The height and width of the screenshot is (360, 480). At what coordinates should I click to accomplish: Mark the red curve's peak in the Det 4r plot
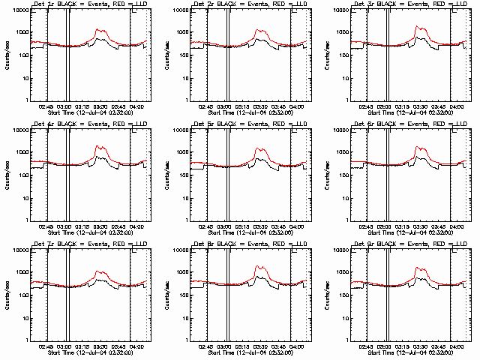[x=99, y=146]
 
